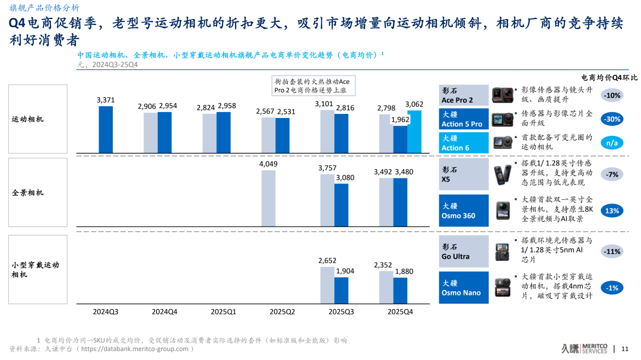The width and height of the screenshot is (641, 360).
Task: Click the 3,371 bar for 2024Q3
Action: click(106, 129)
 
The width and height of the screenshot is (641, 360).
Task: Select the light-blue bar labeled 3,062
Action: click(414, 132)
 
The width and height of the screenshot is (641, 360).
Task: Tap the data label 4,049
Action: click(268, 164)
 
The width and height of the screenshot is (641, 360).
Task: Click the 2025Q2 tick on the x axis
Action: click(283, 311)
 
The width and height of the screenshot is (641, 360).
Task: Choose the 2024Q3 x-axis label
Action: click(106, 311)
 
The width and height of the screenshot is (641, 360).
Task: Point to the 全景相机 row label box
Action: click(38, 193)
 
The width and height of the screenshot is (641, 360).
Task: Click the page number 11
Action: click(624, 348)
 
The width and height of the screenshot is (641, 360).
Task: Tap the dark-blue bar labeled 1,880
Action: click(401, 291)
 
